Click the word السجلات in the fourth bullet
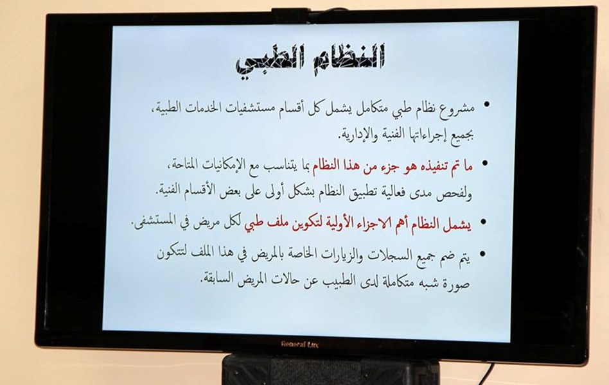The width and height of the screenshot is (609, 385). pyautogui.click(x=386, y=255)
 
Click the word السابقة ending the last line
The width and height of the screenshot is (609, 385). pyautogui.click(x=222, y=279)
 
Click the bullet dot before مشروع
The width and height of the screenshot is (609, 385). pyautogui.click(x=486, y=105)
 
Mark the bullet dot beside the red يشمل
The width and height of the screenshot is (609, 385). pyautogui.click(x=484, y=222)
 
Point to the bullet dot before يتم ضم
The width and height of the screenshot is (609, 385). pyautogui.click(x=483, y=254)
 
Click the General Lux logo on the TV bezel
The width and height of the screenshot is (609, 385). pyautogui.click(x=300, y=343)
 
